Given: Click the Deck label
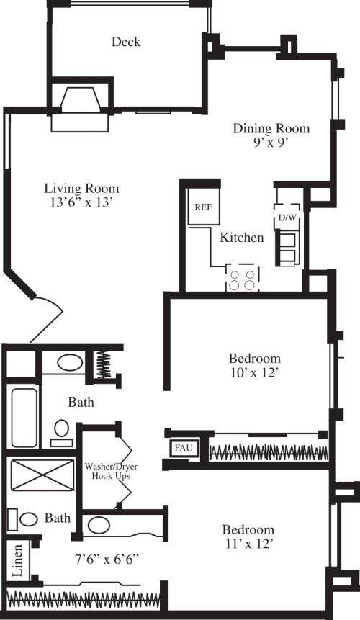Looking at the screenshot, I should point(126,42).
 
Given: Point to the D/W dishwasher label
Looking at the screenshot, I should point(287,216).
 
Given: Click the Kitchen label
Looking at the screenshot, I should point(241,238).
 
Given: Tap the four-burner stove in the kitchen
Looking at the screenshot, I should point(243,279).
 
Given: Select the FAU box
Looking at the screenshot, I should point(180,448).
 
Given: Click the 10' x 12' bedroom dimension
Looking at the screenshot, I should point(254,372).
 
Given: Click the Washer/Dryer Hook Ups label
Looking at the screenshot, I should point(111,472).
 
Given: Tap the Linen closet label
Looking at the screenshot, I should point(17,560).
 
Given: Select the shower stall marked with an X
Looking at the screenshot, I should point(39,477).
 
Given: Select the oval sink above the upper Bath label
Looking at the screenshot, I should point(69,362).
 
